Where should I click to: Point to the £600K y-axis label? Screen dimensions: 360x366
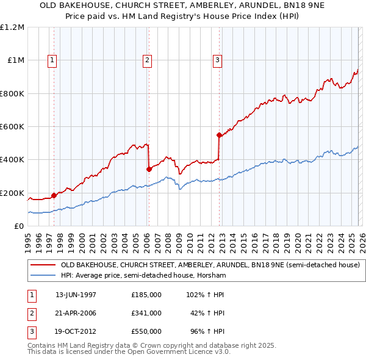13,127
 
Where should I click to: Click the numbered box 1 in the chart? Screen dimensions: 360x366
52,60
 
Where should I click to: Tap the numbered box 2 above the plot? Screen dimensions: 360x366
148,60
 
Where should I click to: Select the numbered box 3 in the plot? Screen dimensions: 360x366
217,60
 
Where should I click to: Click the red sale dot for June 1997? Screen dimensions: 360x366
54,195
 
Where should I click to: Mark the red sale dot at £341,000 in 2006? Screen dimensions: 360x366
149,170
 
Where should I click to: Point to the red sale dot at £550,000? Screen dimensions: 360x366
219,135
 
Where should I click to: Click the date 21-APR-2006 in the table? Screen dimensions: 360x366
76,313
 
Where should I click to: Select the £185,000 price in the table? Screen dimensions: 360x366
146,294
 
